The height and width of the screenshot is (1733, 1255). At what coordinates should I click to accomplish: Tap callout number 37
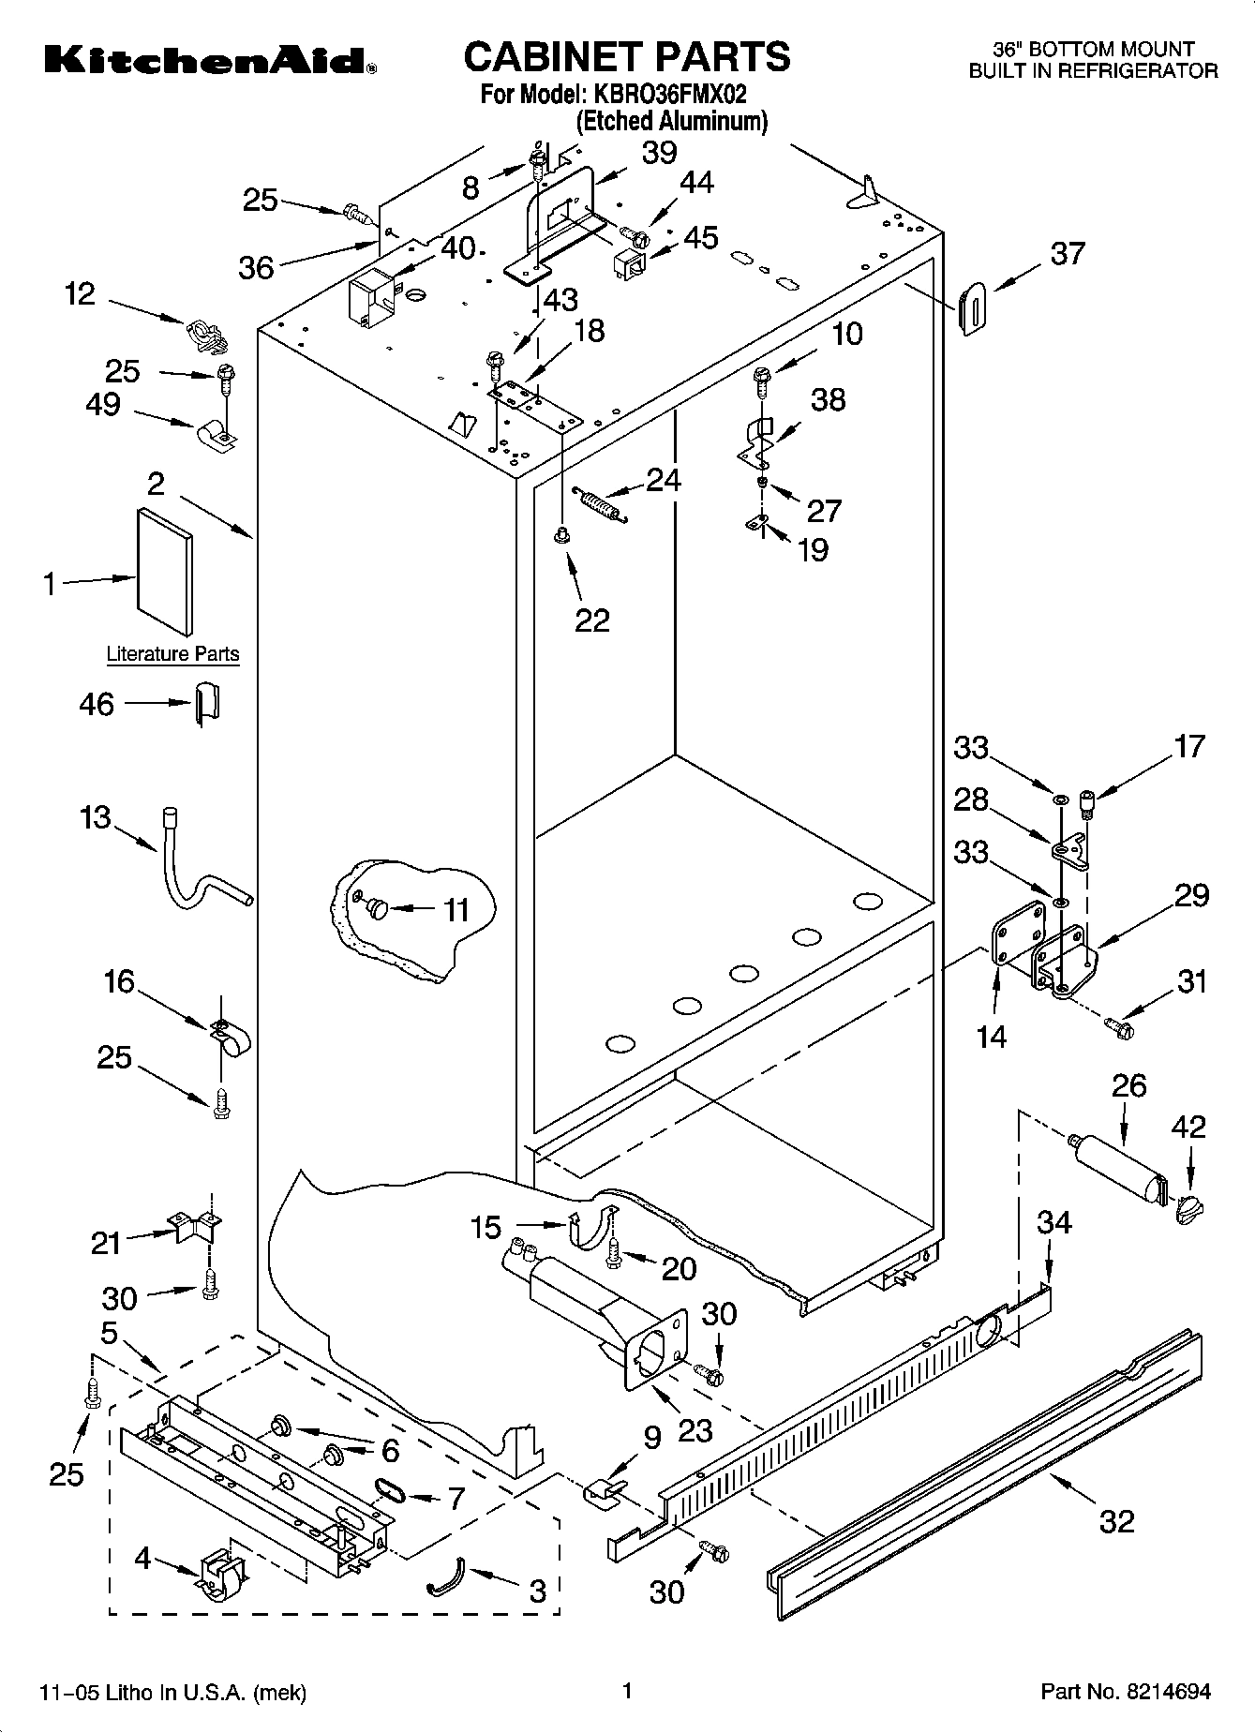pos(1068,253)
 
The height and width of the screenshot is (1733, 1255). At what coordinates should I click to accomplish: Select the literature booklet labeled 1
pos(166,571)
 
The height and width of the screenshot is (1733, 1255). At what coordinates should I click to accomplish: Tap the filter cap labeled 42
pos(1188,1209)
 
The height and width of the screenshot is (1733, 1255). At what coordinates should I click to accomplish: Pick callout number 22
pos(592,620)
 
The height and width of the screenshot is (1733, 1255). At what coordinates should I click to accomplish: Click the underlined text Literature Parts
pos(172,654)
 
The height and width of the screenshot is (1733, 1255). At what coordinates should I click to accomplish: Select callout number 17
pos(1188,747)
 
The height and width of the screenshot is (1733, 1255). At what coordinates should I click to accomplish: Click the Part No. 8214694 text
pos(1126,1692)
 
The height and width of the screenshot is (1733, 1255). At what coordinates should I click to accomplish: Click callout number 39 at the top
pos(659,153)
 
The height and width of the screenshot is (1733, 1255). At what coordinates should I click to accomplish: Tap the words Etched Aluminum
pos(671,121)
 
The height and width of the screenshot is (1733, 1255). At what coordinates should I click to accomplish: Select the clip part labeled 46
pos(206,704)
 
